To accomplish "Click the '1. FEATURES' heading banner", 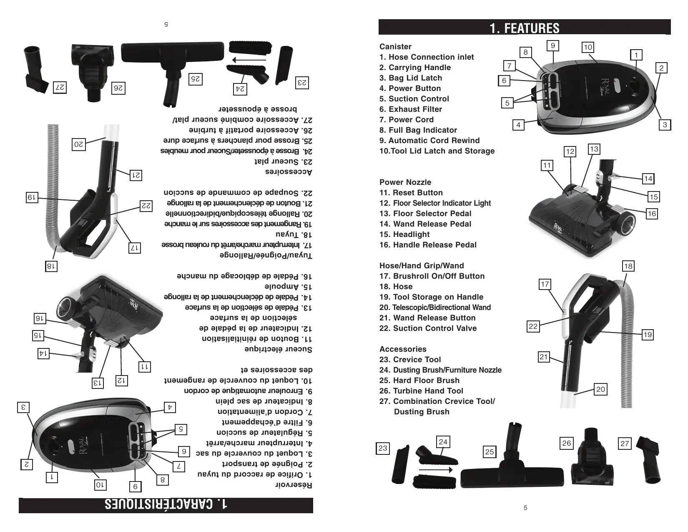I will point(524,28).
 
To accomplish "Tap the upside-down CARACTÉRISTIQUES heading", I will point(166,504).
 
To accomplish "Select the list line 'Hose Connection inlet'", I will point(427,57).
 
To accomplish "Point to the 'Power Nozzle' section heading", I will point(405,182).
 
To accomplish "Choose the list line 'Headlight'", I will point(404,234).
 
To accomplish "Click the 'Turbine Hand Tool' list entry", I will point(421,391).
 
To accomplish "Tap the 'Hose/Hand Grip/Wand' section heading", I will point(421,266).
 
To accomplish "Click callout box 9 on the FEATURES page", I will point(552,45).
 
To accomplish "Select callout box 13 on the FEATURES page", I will point(594,149).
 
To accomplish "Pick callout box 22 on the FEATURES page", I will point(533,326).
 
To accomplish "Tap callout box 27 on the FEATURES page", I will point(624,444).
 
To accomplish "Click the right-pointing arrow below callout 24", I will point(436,470).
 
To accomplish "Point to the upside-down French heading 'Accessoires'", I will point(289,172).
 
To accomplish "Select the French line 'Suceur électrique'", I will point(278,349).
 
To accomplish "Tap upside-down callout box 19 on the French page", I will point(32,197).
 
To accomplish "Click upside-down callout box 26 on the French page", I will point(119,88).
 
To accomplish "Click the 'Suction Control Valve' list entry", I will point(428,328).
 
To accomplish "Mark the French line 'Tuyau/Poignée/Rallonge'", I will point(266,255).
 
